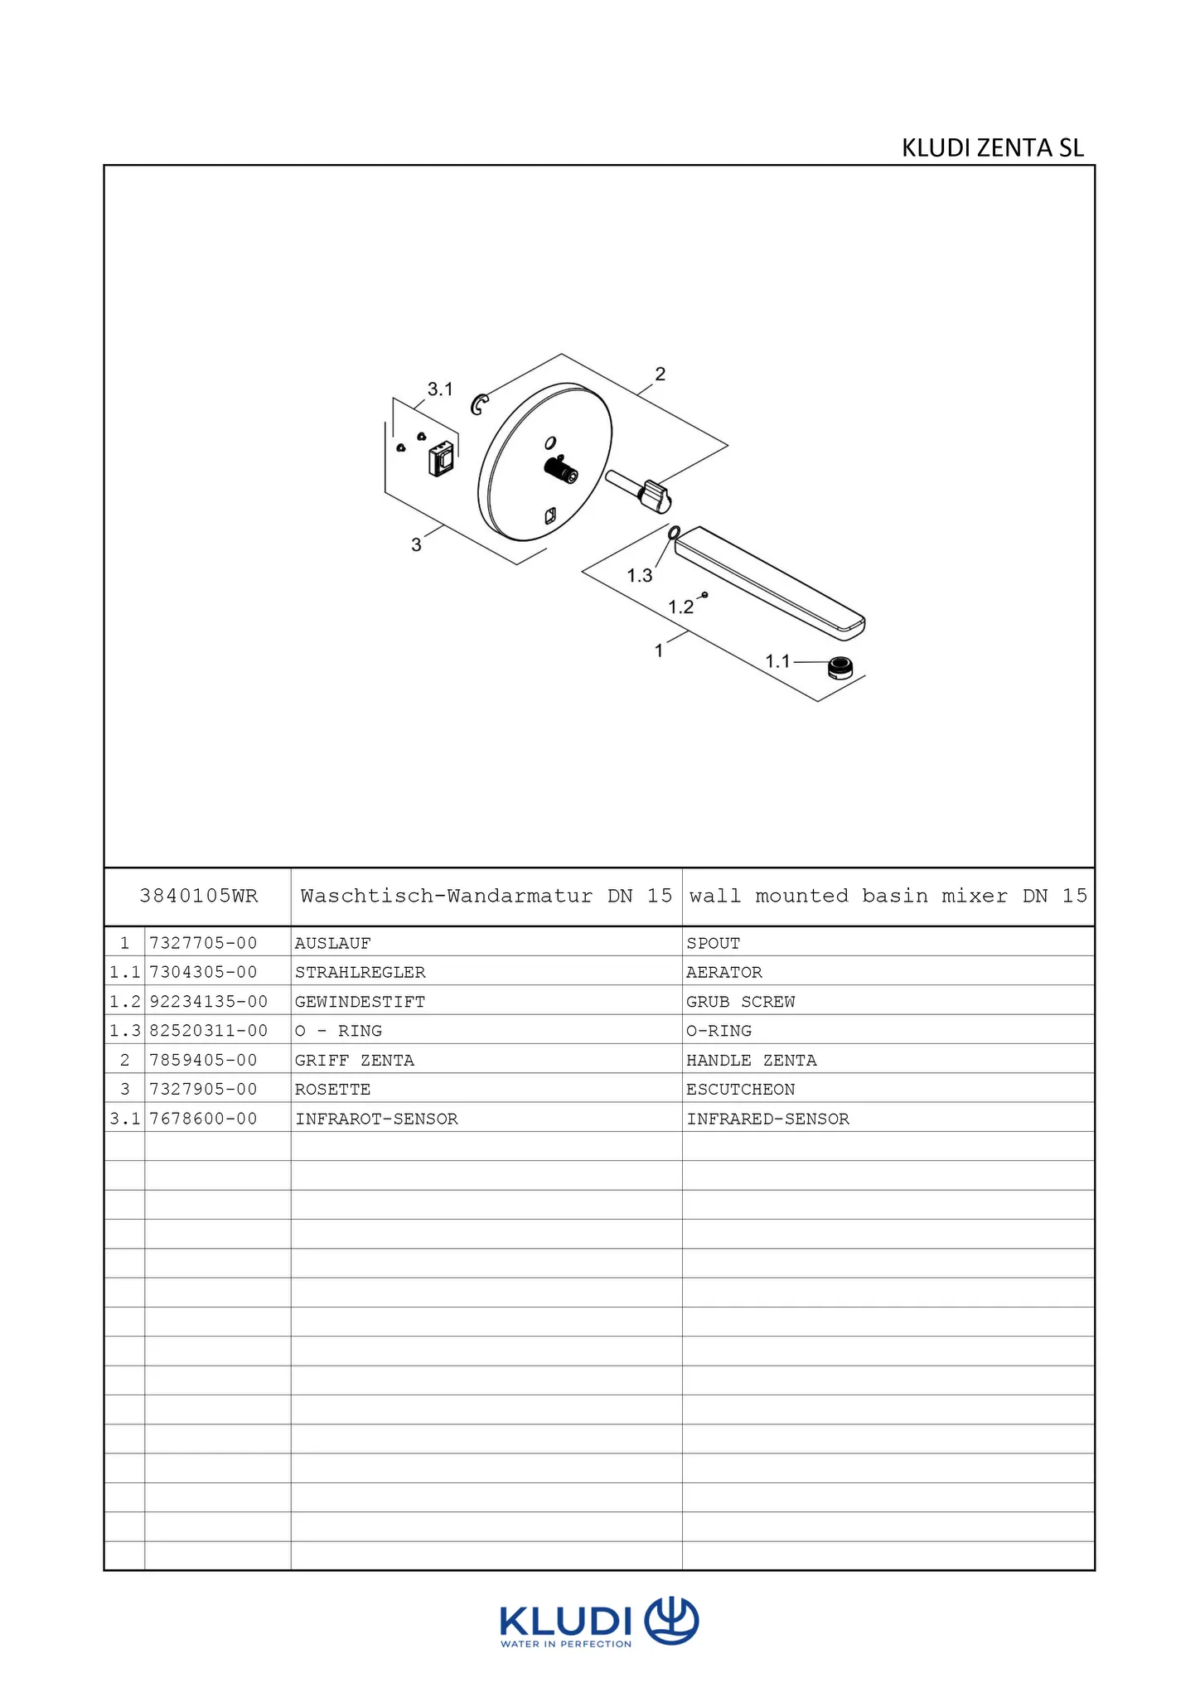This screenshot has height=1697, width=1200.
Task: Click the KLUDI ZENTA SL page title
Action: [992, 148]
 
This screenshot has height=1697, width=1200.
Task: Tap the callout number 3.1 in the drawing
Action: [440, 389]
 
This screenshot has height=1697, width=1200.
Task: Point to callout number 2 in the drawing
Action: [660, 374]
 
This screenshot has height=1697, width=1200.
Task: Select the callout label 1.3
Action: [639, 575]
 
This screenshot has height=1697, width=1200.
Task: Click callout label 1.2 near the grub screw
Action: [680, 607]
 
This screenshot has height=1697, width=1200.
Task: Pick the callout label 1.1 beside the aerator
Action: [777, 661]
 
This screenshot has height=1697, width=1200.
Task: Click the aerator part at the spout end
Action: [840, 666]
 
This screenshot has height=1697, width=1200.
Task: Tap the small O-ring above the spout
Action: [674, 532]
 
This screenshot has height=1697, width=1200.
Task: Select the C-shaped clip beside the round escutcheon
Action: [479, 404]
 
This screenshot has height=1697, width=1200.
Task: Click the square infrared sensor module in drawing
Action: [442, 458]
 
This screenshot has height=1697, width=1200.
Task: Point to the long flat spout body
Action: [770, 582]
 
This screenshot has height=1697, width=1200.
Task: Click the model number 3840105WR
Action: [199, 896]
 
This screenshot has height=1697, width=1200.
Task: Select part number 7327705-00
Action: [203, 943]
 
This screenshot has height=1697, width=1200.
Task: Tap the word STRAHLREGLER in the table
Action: [360, 972]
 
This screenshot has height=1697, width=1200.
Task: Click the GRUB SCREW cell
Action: [740, 1002]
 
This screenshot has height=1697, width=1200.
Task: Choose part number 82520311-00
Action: [208, 1031]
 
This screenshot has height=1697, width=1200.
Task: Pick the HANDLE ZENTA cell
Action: [751, 1060]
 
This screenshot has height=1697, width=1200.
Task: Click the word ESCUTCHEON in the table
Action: [740, 1089]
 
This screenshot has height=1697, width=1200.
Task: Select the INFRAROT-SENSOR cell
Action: [376, 1119]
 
